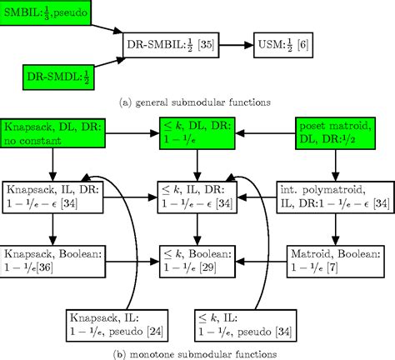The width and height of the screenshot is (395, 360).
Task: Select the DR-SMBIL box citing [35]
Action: pos(173,43)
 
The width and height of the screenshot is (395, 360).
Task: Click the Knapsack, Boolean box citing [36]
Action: pos(50,258)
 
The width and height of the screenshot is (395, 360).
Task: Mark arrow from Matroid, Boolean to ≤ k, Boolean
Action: pos(264,258)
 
